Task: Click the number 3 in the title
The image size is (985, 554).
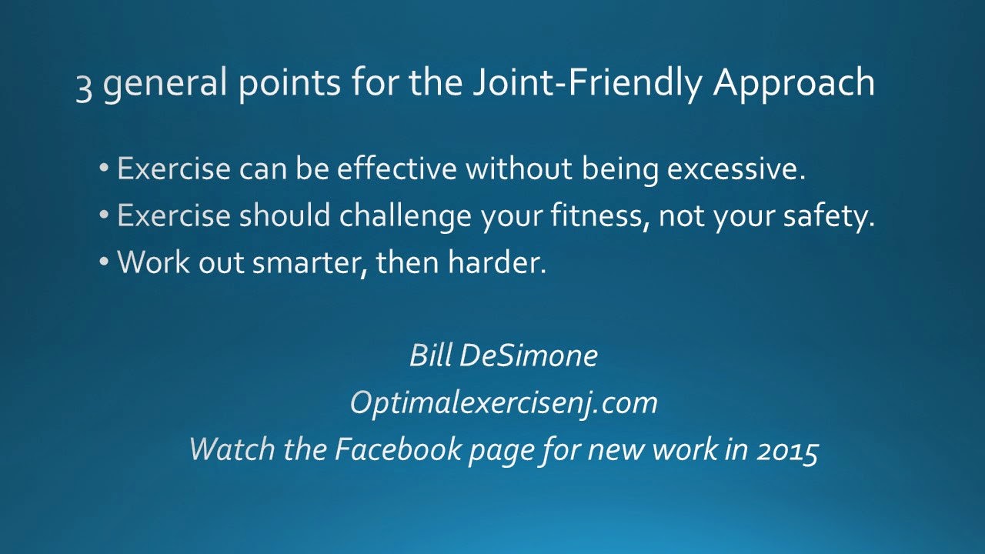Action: click(84, 88)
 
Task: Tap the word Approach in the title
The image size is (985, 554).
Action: click(793, 84)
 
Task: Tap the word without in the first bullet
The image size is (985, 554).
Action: click(519, 168)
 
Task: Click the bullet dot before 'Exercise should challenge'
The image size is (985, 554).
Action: click(104, 215)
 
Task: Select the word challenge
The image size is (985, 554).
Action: click(405, 215)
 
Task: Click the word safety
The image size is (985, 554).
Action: click(829, 215)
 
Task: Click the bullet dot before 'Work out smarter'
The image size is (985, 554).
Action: click(104, 262)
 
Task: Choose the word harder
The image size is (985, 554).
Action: click(497, 262)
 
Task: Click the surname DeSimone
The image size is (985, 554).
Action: click(529, 355)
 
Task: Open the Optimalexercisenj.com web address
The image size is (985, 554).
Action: click(504, 403)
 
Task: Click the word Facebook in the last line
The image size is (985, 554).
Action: click(398, 449)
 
